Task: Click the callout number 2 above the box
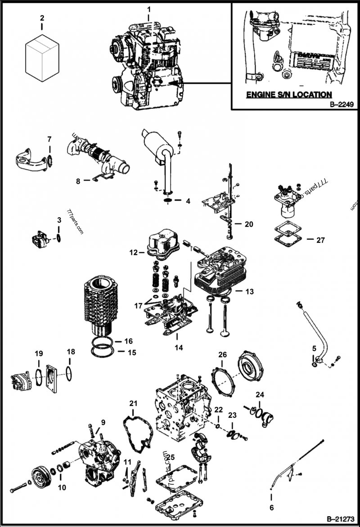click(x=42, y=18)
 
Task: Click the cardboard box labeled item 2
click(x=42, y=59)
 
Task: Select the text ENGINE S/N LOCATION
click(x=288, y=94)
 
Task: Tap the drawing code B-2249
click(x=342, y=104)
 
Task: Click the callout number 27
click(x=320, y=240)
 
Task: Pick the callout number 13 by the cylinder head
click(x=249, y=292)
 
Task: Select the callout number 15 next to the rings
click(x=131, y=353)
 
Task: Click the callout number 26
click(x=222, y=355)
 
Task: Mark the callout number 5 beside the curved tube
click(x=315, y=348)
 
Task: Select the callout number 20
click(x=249, y=223)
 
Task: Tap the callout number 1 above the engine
click(x=149, y=9)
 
